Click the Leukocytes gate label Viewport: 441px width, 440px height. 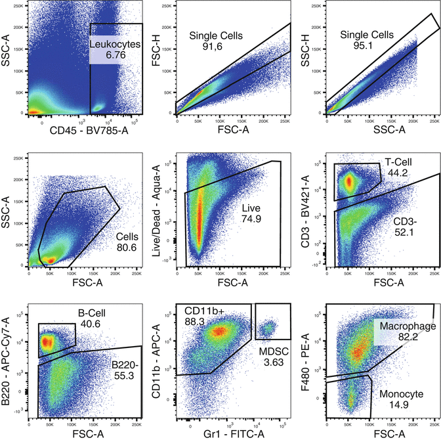click(x=115, y=44)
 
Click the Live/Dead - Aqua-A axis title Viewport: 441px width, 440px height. click(x=158, y=210)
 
